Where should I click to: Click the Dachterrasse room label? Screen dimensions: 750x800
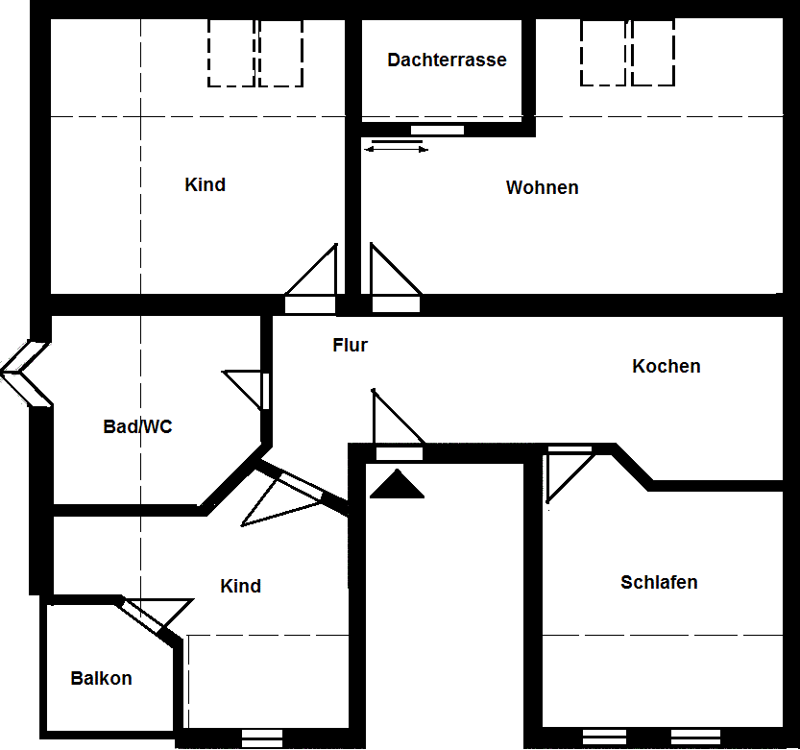(x=447, y=60)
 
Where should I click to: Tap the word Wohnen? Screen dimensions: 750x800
(x=542, y=188)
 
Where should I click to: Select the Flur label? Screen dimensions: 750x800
(x=350, y=346)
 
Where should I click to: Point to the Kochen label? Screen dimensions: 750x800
(x=666, y=367)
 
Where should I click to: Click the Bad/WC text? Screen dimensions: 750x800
(x=137, y=427)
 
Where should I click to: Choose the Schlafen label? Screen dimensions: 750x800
(x=659, y=583)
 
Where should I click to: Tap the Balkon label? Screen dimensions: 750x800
(x=101, y=679)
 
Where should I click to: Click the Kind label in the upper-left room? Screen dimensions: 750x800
(x=205, y=185)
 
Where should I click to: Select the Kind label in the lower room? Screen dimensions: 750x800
(x=240, y=587)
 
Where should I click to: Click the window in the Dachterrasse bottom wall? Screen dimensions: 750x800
(x=437, y=130)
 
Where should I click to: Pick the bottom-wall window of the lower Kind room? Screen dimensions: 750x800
(x=262, y=738)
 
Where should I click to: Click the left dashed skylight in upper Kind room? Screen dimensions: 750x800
(x=231, y=53)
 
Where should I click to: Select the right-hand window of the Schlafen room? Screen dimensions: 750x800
(x=695, y=738)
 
